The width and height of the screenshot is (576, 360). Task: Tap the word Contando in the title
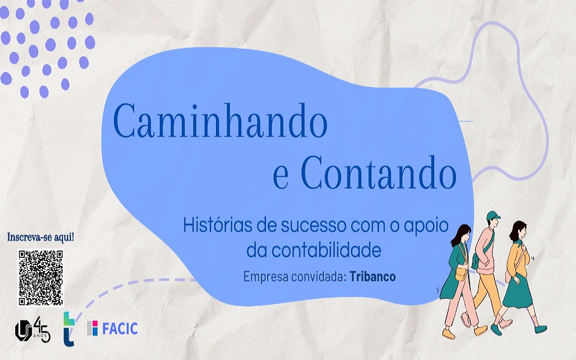(379, 172)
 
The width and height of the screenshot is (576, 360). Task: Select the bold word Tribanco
(372, 276)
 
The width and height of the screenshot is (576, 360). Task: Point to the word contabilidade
(314, 250)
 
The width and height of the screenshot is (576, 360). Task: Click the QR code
(40, 278)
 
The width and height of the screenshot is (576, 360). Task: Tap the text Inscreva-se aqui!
(40, 237)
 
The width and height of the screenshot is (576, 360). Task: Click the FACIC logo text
(120, 328)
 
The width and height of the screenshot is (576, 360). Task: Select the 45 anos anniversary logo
(32, 329)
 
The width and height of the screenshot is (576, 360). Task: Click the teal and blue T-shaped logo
(69, 328)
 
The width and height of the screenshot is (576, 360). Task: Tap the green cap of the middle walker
(493, 215)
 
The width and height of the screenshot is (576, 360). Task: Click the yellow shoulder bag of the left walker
(461, 273)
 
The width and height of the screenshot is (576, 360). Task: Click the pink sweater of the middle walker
(485, 250)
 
